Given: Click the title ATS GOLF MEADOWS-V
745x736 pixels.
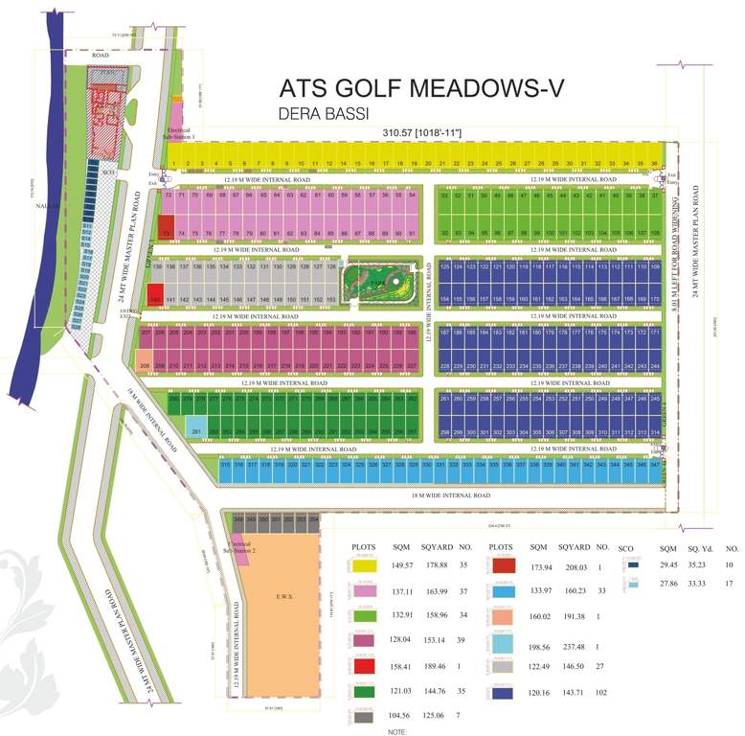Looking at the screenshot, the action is tap(421, 89).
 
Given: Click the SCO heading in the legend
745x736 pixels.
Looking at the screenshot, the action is tap(627, 546).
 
